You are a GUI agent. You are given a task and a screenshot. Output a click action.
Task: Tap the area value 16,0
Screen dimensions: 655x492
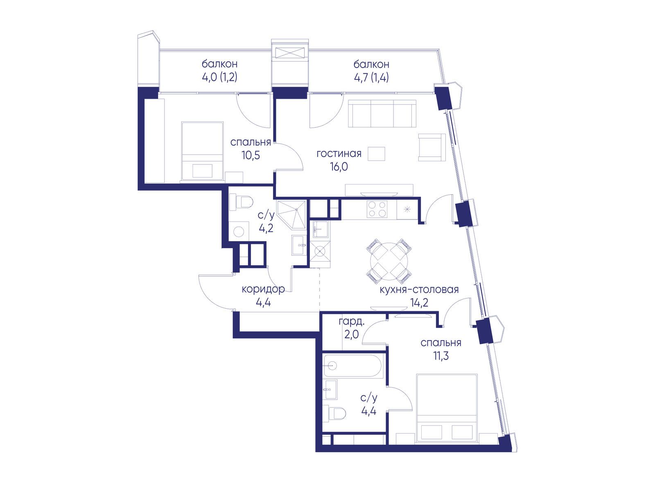pos(339,167)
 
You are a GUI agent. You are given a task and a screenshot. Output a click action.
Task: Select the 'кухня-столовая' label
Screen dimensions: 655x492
pos(419,290)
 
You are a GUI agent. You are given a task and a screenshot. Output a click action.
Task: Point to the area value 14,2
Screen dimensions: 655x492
pos(419,303)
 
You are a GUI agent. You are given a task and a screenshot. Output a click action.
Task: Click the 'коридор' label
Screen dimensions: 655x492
pos(263,289)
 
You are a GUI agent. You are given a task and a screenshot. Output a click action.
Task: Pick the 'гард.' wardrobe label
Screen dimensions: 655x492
pos(352,322)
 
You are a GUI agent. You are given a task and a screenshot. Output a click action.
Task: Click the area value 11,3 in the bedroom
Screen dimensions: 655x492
pos(441,356)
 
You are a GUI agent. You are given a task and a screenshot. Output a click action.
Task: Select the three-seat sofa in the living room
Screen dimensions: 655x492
pos(382,114)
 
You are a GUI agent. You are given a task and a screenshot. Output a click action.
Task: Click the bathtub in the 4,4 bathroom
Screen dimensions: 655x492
pos(352,365)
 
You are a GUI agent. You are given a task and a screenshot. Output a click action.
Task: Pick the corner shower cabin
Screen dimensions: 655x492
pos(291,214)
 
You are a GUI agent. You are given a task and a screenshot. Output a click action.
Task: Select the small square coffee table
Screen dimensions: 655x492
pos(376,154)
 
